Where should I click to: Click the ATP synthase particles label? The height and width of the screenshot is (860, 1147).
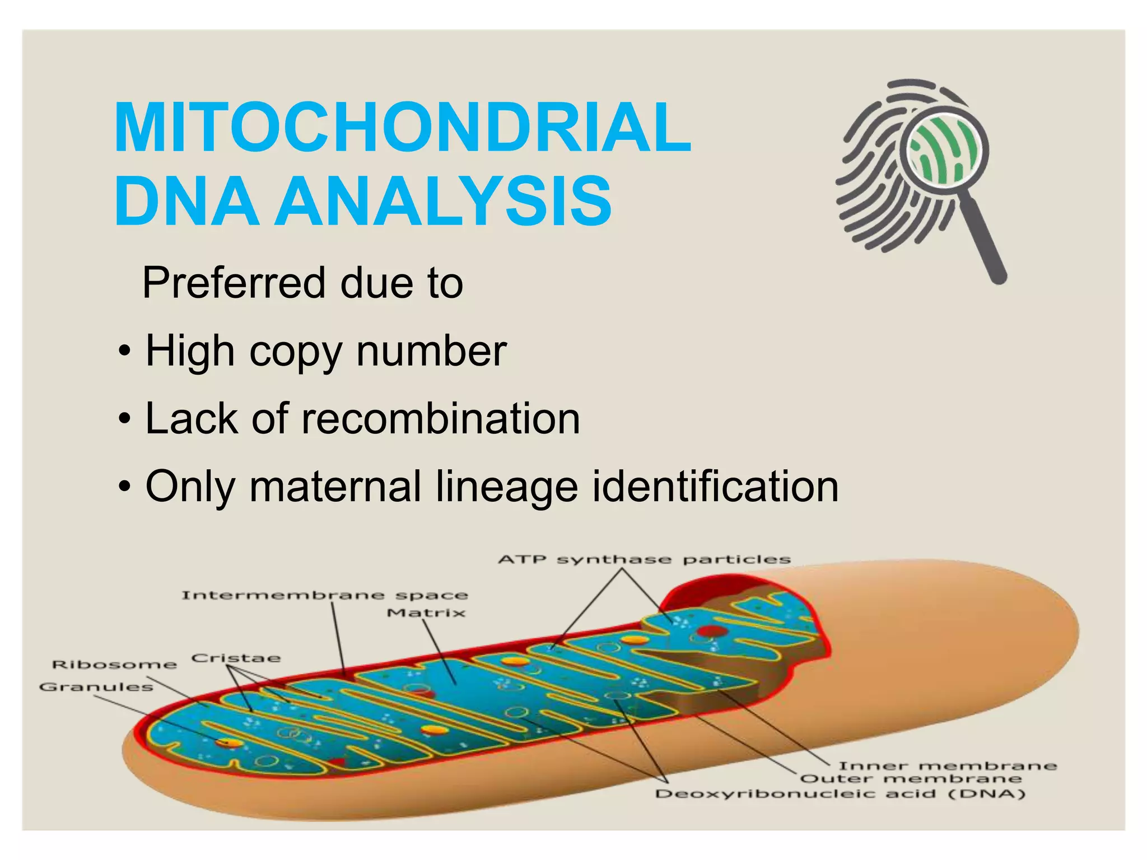click(x=644, y=559)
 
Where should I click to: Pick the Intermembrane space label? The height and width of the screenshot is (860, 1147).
click(x=324, y=595)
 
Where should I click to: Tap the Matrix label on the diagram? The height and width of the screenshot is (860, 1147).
click(x=426, y=613)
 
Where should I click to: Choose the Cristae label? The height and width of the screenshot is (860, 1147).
click(x=236, y=658)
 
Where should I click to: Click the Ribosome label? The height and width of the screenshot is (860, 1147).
click(x=114, y=665)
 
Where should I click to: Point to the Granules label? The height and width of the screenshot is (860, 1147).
click(x=96, y=687)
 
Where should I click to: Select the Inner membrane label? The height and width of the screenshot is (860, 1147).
click(x=947, y=766)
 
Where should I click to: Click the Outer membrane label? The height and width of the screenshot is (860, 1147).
click(x=911, y=779)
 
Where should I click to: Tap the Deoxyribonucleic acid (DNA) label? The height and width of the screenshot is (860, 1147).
click(x=840, y=794)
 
